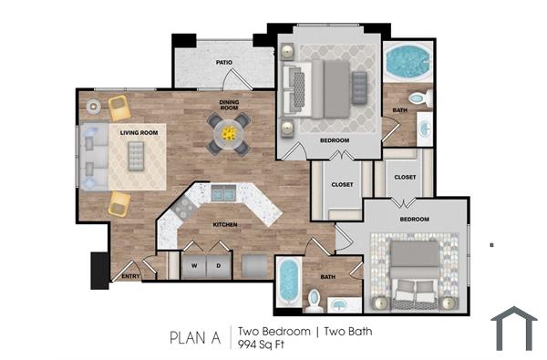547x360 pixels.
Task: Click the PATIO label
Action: pos(223,63)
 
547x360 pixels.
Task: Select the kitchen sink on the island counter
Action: pos(223,192)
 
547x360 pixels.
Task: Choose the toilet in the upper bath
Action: pos(417,98)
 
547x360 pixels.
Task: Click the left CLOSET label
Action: pos(342,185)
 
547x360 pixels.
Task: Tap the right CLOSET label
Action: pos(406,177)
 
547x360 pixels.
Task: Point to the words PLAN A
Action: pos(195,337)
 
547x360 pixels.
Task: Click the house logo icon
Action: pos(514,329)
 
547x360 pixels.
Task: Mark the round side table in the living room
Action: pos(94,107)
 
